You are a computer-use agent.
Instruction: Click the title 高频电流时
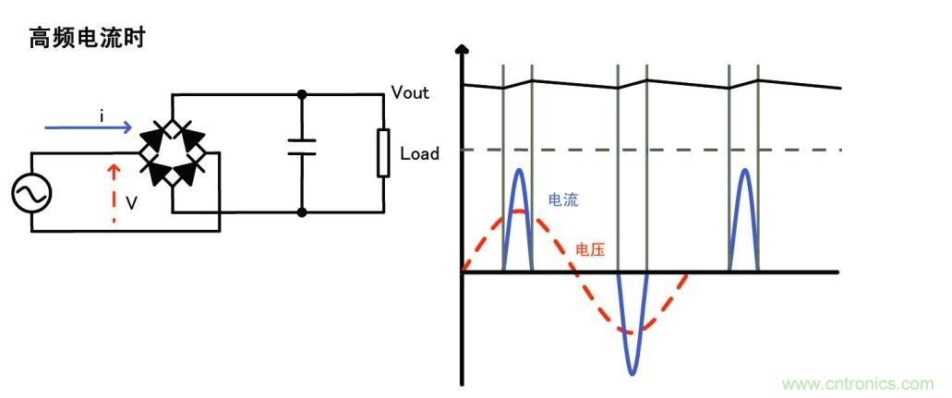tap(88, 39)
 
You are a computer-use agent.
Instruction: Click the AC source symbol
tap(31, 194)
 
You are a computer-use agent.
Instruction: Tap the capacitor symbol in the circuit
tap(302, 147)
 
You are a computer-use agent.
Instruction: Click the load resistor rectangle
tap(382, 153)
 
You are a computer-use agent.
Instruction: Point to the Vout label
tap(412, 92)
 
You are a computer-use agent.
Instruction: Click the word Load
tap(419, 153)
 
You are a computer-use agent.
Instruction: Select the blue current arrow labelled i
tap(89, 129)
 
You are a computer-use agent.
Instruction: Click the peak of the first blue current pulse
tap(519, 170)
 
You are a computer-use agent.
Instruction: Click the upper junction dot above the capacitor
tap(302, 94)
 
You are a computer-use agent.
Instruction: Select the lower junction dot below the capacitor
tap(302, 211)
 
